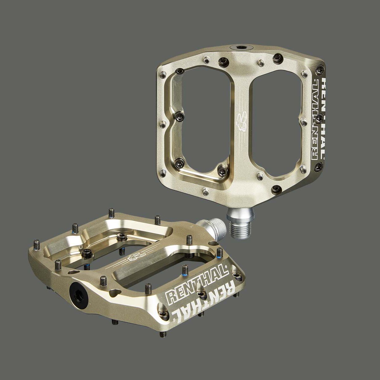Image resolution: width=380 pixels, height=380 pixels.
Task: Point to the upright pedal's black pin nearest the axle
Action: coord(277,189)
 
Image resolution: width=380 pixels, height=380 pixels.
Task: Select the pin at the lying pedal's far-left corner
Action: coord(36,244)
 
